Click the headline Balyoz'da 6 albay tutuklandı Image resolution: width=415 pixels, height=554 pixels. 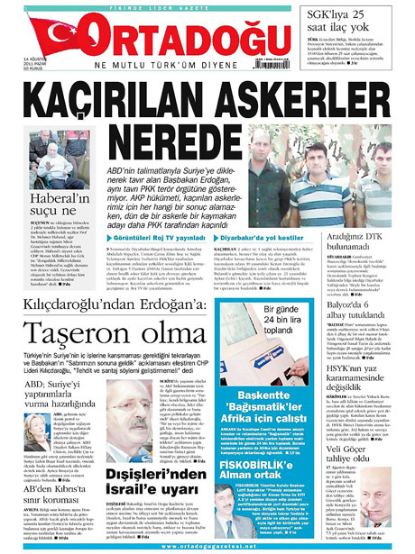tap(370, 288)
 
